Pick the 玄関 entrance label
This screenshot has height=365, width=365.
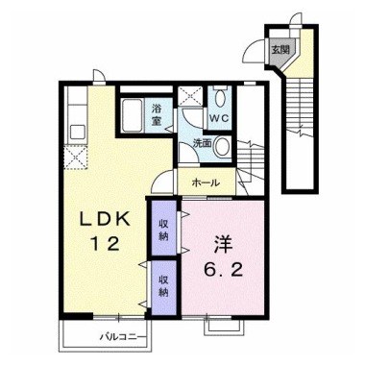tap(278, 49)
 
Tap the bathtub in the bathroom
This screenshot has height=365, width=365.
tap(133, 118)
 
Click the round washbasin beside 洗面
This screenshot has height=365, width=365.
tap(222, 146)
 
